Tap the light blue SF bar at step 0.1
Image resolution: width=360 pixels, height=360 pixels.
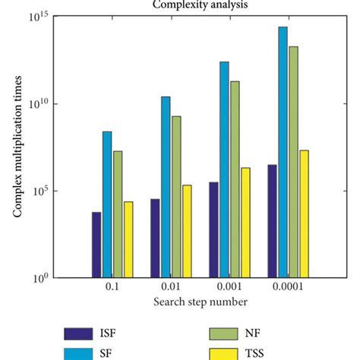coord(107,204)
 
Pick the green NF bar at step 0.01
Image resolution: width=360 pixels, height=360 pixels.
coord(176,197)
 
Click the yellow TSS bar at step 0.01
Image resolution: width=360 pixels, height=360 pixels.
coord(187,231)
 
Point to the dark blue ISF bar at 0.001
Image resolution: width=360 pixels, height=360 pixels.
coord(213,229)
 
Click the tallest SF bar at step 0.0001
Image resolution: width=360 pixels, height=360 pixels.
coord(283,152)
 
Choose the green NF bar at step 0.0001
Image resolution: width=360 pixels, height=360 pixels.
coord(293,162)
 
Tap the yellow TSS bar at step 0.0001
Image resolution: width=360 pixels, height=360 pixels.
coord(304,213)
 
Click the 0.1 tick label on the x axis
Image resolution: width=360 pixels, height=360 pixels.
coord(112,289)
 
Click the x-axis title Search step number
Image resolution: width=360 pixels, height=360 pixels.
coord(200,302)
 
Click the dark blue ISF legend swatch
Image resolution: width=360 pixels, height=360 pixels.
coord(76,333)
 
